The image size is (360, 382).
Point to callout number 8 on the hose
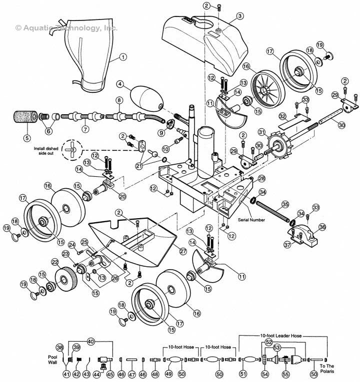tap(119, 100)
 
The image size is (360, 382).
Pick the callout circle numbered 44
tap(96, 374)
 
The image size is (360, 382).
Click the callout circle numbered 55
tap(285, 374)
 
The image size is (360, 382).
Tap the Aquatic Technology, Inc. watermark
tap(66, 28)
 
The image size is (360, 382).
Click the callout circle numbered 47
tap(132, 374)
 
